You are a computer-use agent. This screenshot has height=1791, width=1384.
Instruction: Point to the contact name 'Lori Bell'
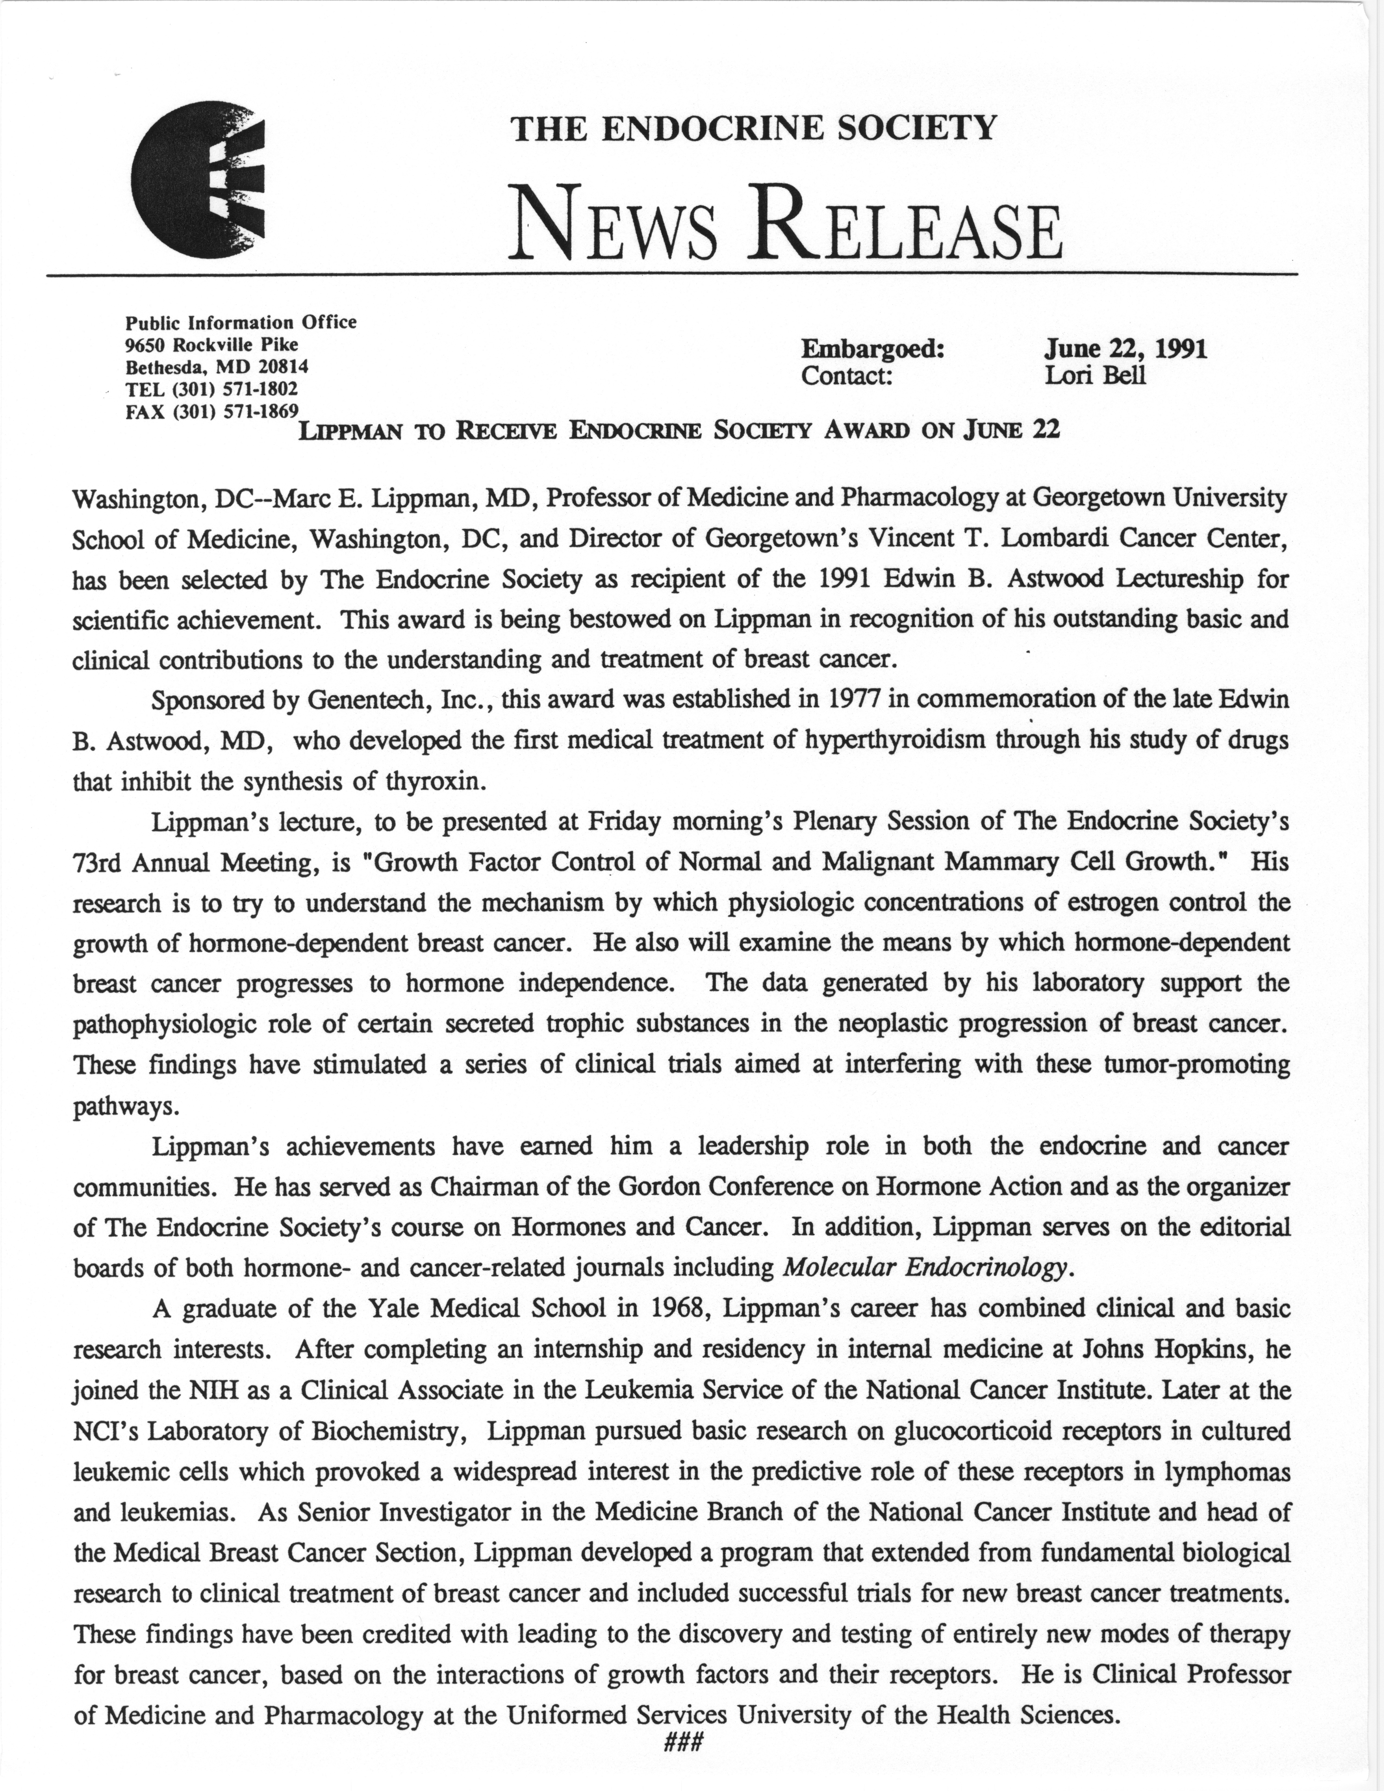coord(1094,376)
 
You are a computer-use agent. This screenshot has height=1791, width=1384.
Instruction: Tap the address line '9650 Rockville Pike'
coord(212,344)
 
